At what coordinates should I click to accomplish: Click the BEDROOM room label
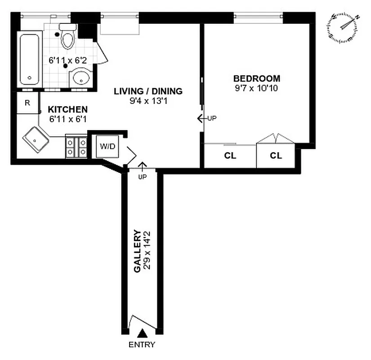(256, 78)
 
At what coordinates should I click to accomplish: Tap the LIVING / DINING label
(148, 91)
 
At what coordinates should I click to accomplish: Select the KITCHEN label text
(68, 109)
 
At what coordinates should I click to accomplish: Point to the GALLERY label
(137, 251)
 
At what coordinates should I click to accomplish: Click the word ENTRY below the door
(142, 345)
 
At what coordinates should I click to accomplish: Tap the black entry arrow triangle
(142, 333)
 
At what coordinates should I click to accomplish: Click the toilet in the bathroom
(67, 37)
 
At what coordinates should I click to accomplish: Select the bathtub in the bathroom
(30, 59)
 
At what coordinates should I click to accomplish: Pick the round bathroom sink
(81, 77)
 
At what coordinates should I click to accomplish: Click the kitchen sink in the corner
(36, 139)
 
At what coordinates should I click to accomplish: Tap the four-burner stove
(76, 146)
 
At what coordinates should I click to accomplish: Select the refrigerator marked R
(27, 103)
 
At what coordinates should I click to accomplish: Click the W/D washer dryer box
(107, 147)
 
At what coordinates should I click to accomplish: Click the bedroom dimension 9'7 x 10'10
(256, 88)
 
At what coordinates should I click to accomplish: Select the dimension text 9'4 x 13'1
(148, 101)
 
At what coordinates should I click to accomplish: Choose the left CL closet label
(230, 156)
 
